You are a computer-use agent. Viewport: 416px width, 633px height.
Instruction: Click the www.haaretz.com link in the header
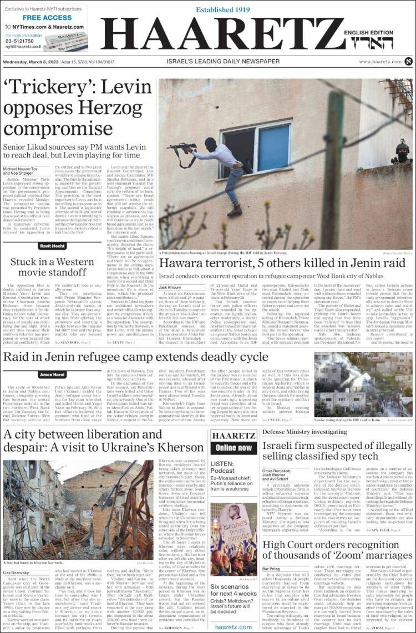click(x=380, y=62)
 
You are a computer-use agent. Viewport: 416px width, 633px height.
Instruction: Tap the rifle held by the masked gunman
click(x=183, y=147)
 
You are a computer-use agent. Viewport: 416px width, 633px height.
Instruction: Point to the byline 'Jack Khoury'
click(x=170, y=288)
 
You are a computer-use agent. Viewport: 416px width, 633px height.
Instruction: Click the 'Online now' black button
click(x=234, y=448)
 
